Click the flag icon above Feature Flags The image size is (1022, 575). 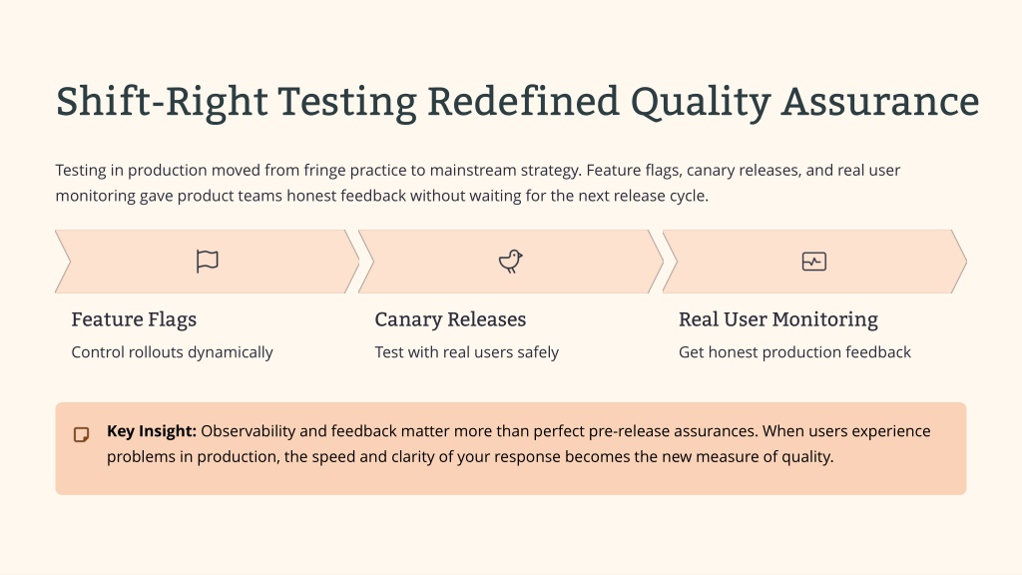208,262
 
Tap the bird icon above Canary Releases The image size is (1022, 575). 510,261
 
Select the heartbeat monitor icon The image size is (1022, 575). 814,262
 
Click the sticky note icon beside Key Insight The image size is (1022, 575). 82,435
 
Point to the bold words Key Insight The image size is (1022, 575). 152,431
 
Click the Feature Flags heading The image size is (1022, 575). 134,319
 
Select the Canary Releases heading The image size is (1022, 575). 450,319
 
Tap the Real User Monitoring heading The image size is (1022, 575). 778,319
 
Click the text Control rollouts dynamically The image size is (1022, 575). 172,352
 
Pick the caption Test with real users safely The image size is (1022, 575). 467,352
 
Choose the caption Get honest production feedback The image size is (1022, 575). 794,352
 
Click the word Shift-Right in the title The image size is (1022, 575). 162,102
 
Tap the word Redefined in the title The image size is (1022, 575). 523,102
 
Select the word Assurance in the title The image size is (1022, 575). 880,102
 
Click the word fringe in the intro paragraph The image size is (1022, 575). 324,171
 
